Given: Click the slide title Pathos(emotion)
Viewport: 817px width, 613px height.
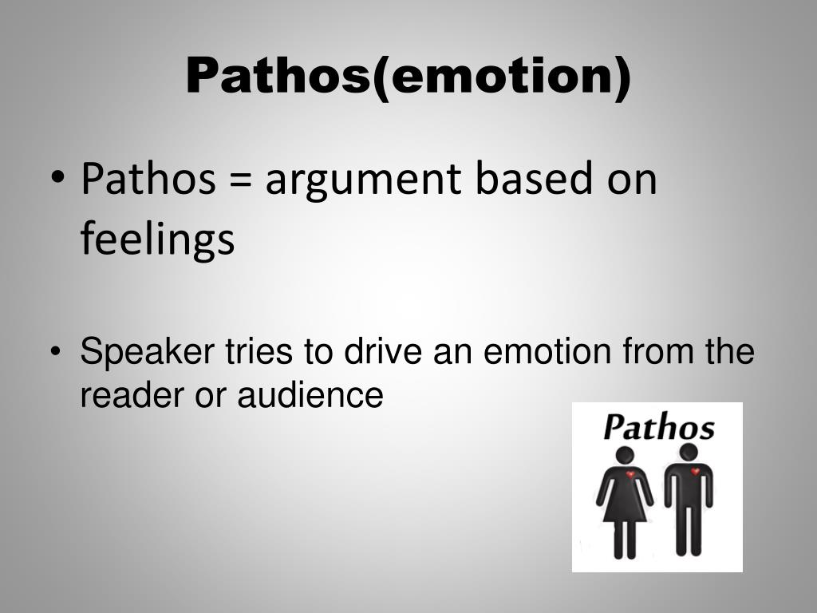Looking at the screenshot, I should coord(408,77).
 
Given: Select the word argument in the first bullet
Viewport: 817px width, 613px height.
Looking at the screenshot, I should coord(362,180).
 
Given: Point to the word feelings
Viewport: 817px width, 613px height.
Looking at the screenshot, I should coord(157,239).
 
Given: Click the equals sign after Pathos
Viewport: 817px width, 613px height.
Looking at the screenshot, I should coord(239,180).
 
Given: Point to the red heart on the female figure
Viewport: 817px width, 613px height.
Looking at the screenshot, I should coord(630,475).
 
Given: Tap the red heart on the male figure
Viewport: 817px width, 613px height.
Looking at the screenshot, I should coord(695,472).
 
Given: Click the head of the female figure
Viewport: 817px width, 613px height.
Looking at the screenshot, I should coord(625,455).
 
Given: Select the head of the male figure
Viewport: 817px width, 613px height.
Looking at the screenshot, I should coord(689,452).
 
